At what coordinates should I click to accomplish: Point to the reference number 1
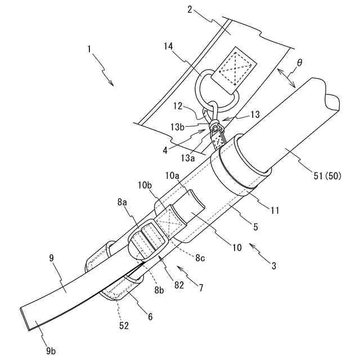click(90, 49)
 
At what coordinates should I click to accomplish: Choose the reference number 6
click(150, 317)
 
